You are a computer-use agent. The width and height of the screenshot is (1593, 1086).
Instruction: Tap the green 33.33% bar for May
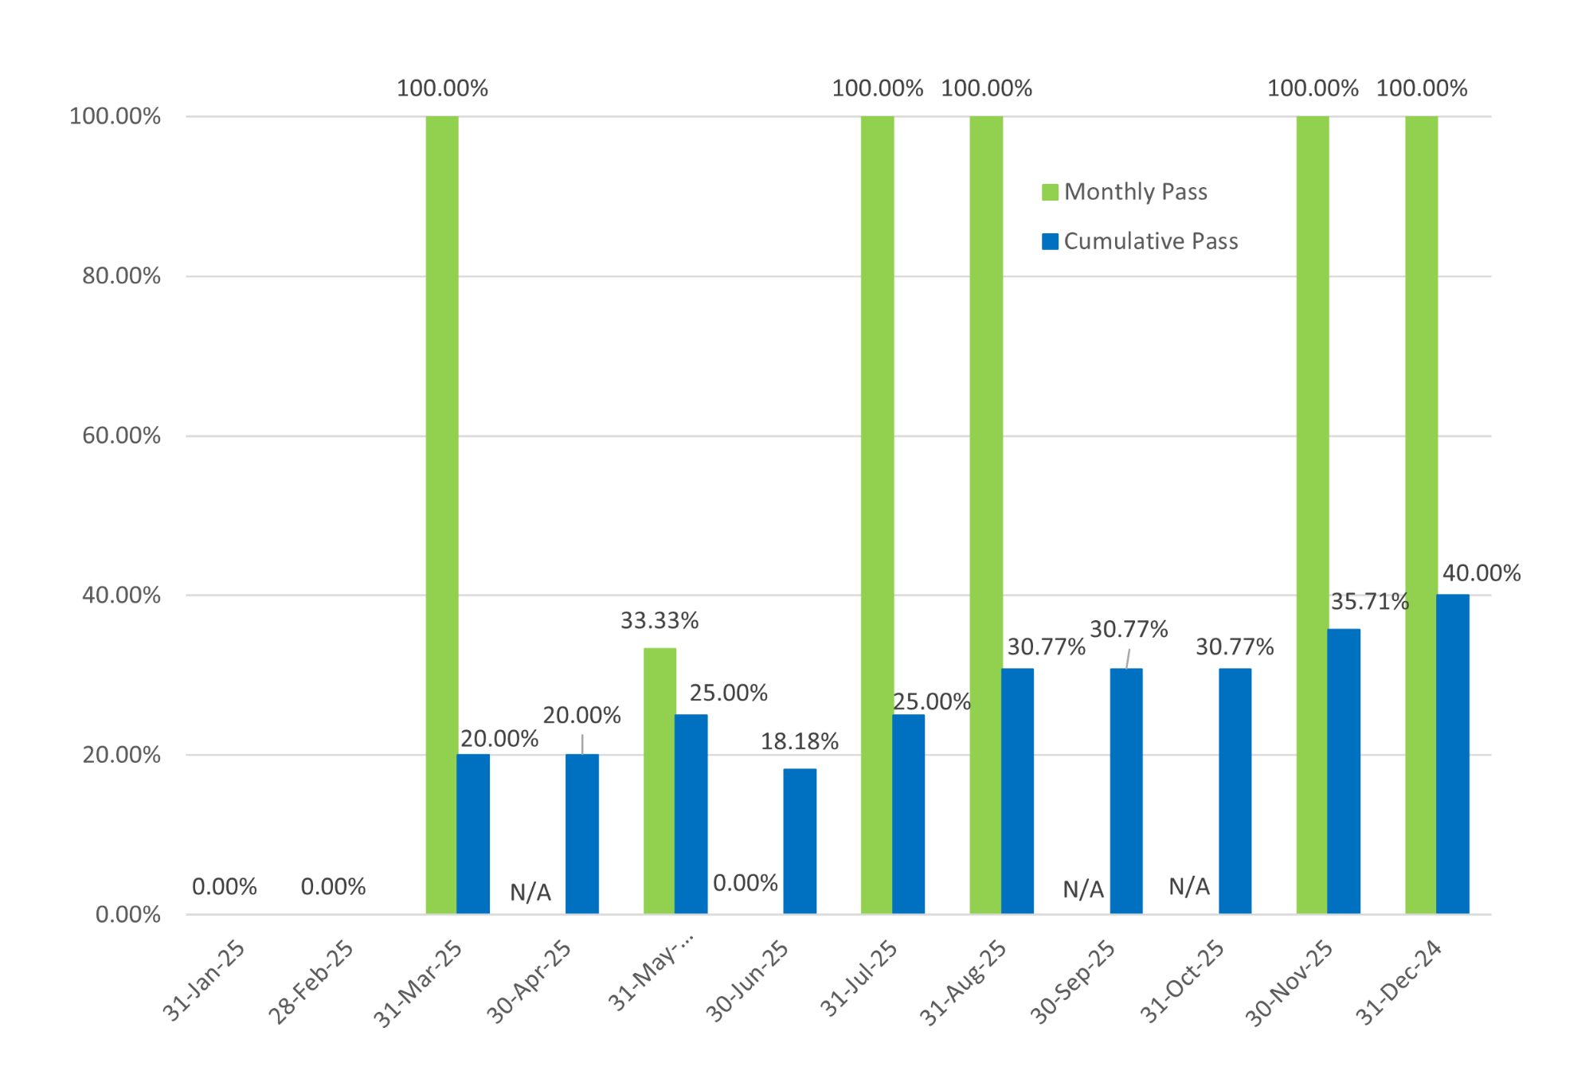tap(660, 780)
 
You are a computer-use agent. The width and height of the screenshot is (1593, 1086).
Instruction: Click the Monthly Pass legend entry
tap(1125, 192)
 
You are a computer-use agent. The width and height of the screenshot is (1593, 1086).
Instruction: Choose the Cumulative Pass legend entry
tap(1141, 241)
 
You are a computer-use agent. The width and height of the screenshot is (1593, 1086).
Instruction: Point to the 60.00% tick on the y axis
tap(121, 436)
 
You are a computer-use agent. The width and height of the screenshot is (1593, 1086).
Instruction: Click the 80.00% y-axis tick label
tap(121, 276)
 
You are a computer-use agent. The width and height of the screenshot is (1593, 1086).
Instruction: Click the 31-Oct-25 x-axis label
tap(1182, 981)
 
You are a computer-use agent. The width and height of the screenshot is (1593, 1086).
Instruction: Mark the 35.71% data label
tap(1369, 602)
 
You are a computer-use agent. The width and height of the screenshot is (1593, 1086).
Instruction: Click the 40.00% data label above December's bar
tap(1481, 573)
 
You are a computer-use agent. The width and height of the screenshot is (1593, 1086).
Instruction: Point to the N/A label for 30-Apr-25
tap(530, 893)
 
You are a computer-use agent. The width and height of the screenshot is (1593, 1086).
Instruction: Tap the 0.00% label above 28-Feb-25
tap(333, 887)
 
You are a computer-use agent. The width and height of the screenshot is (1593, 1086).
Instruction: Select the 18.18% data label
tap(799, 742)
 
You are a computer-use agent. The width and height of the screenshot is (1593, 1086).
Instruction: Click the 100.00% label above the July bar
tap(877, 88)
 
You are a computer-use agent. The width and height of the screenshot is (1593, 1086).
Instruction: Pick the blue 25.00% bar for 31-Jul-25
tap(908, 814)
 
